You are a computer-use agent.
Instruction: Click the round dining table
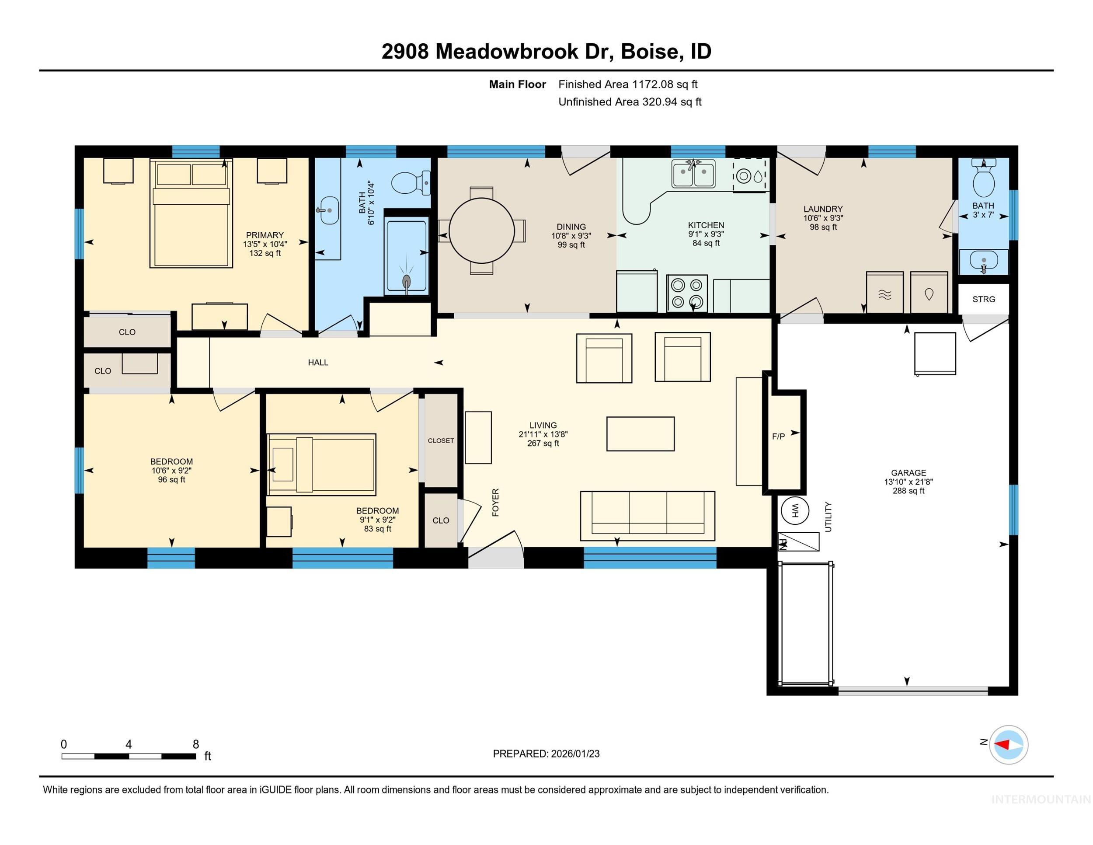[481, 231]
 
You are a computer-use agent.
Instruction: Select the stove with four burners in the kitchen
[687, 293]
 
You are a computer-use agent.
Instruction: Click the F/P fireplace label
[778, 436]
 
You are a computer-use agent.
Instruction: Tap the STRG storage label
[983, 299]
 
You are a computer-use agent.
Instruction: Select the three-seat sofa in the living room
[647, 516]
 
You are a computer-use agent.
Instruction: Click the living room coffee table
[640, 434]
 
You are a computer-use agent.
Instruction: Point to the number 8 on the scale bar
[196, 744]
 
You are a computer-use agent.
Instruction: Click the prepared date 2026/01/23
[574, 754]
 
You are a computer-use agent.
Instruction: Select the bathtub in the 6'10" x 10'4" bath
[406, 256]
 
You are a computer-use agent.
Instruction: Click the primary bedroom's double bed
[191, 214]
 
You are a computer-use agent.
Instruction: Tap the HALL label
[318, 363]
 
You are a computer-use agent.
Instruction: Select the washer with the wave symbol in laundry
[884, 293]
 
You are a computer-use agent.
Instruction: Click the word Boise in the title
[651, 52]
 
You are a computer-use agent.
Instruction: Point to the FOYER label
[495, 502]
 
